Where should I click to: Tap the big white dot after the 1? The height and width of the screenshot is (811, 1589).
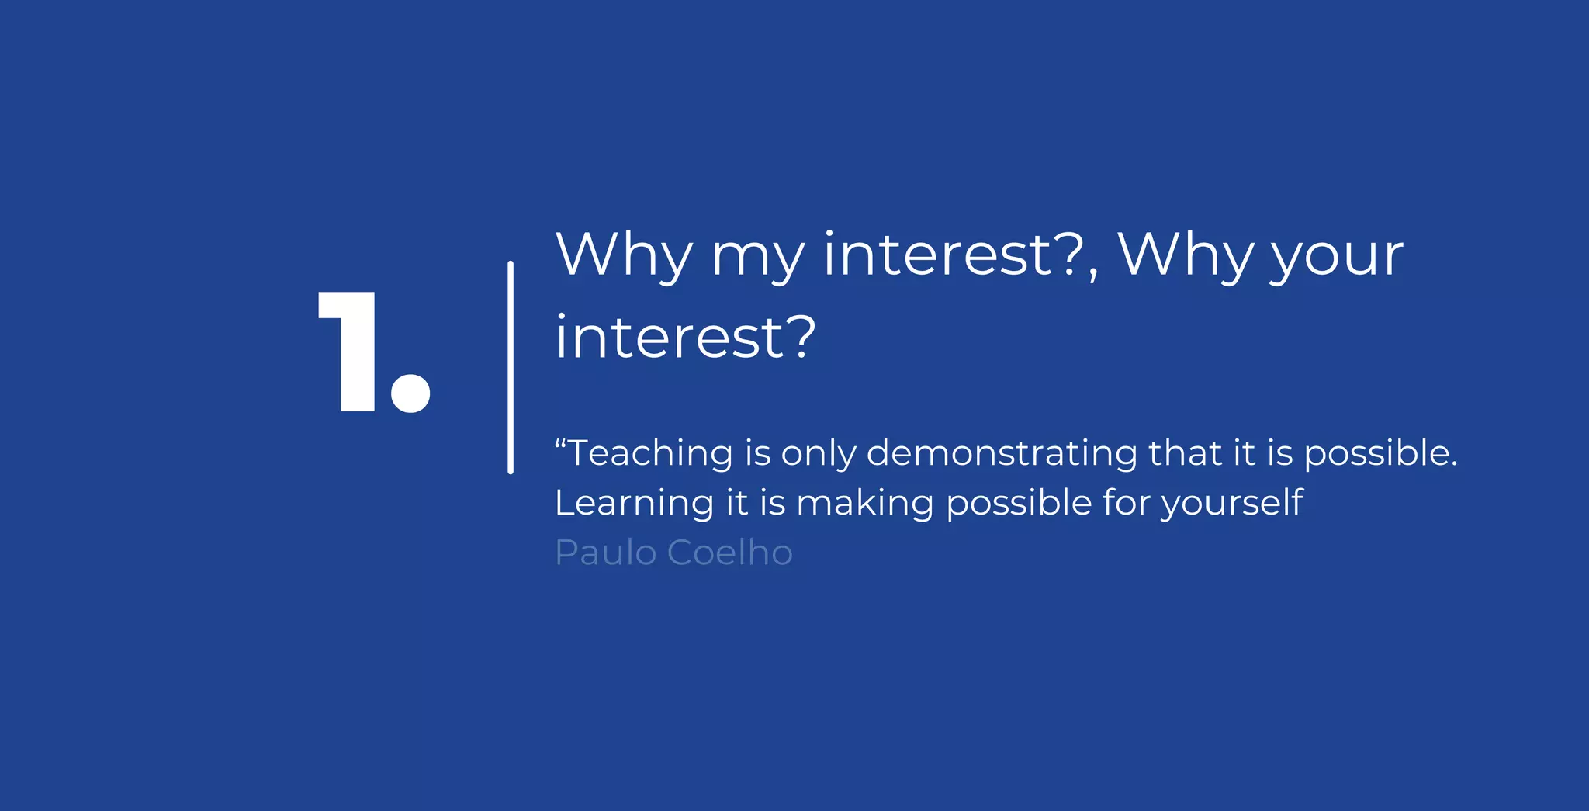[410, 393]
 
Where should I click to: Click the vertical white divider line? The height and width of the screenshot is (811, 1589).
[511, 367]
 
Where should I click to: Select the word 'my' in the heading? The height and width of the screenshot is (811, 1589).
[757, 257]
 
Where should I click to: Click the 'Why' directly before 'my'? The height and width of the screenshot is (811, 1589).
[624, 255]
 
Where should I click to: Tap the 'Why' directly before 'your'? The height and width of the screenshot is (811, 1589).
[1185, 255]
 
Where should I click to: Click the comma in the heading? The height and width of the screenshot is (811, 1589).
[1093, 272]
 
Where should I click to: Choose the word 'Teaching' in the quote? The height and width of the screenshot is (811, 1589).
[650, 453]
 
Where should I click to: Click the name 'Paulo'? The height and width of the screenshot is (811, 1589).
[606, 553]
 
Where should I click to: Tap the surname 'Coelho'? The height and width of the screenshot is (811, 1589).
[729, 553]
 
